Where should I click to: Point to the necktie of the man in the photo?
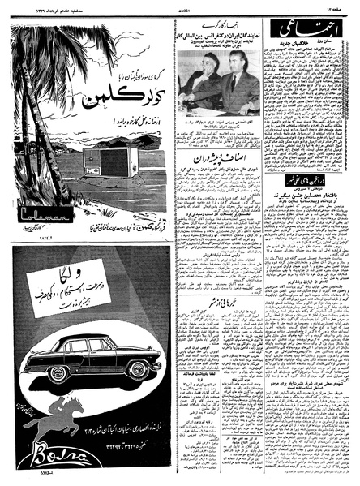point(229,82)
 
